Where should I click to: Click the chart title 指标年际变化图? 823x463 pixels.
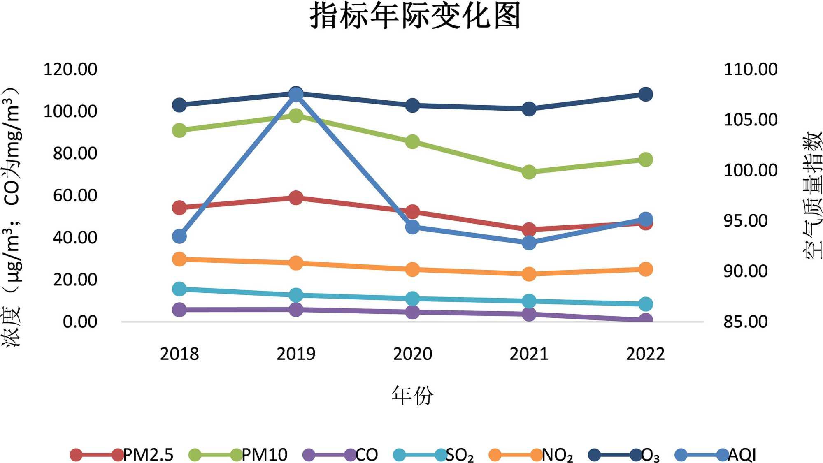tap(415, 16)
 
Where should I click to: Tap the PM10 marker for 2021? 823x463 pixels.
tap(529, 172)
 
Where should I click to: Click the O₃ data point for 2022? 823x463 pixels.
tap(645, 94)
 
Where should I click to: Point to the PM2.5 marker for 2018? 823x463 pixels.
tap(179, 207)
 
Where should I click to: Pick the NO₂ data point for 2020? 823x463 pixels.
tap(412, 270)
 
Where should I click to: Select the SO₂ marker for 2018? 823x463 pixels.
tap(179, 289)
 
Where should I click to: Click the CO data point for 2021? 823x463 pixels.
tap(529, 314)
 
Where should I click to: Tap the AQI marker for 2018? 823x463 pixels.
tap(179, 236)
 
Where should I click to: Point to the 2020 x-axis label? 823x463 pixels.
tap(412, 354)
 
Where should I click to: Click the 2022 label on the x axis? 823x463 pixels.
tap(645, 354)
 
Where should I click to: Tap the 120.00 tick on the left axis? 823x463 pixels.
tap(70, 69)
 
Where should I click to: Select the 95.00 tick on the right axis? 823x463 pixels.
tap(746, 221)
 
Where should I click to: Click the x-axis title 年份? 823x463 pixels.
tap(412, 396)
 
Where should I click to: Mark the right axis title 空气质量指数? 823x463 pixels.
tap(812, 195)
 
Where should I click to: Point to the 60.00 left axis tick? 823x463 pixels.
tap(75, 195)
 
